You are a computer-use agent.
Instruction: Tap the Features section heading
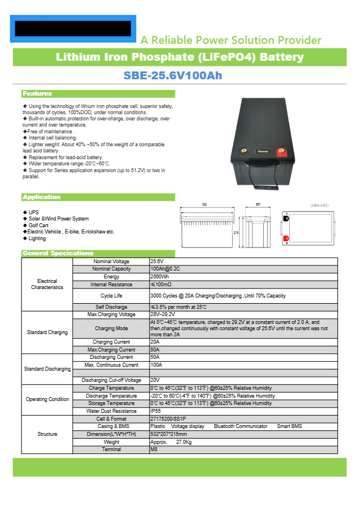pos(37,93)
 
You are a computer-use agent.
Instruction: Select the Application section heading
pos(41,197)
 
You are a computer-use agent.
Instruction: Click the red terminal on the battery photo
pos(281,151)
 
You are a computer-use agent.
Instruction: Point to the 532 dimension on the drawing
pos(204,205)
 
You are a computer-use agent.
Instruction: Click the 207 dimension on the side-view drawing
pos(258,205)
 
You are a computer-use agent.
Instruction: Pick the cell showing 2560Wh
pos(160,277)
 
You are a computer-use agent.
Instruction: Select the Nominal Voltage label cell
pos(111,262)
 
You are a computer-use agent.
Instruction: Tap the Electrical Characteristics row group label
pos(47,284)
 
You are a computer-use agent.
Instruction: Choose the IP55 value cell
pos(156,411)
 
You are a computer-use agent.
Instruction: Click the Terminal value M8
pos(154,449)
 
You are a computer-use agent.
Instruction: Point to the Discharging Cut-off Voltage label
pos(111,380)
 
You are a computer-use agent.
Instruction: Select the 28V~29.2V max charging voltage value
pos(163,314)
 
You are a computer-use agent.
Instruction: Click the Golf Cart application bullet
pos(40,225)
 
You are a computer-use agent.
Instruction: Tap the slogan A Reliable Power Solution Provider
pos(231,40)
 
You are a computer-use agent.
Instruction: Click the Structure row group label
pos(47,434)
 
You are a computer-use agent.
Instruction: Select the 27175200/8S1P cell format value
pos(168,419)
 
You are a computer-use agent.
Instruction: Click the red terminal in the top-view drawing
pos(286,238)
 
